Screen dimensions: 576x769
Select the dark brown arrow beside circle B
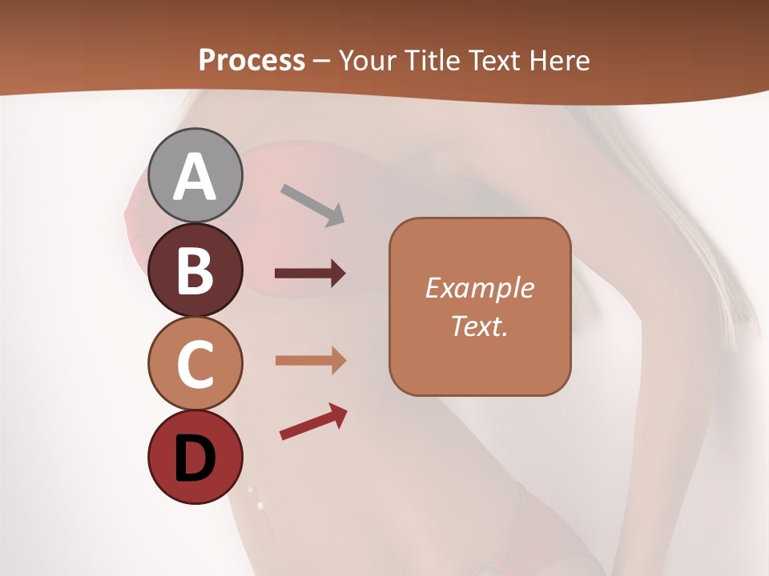click(310, 274)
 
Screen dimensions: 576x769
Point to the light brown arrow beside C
click(310, 361)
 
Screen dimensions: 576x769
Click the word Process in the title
click(252, 60)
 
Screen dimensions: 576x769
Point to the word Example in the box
click(479, 288)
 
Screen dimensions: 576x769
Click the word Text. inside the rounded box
click(479, 326)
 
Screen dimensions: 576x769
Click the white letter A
click(195, 178)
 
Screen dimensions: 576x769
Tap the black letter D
click(195, 459)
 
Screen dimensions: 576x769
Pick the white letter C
click(195, 364)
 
